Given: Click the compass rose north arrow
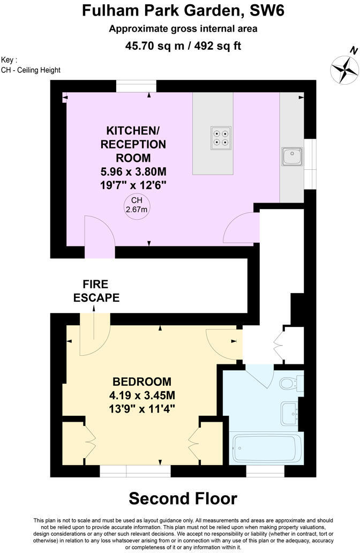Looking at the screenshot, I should point(344,68).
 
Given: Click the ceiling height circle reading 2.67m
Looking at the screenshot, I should point(136,205).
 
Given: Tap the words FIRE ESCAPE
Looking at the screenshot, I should point(96,290).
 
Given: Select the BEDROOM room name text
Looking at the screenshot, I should point(142,382).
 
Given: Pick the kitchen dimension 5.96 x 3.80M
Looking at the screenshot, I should point(134,172).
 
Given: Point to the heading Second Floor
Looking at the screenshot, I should point(183,498).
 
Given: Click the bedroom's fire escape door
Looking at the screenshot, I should point(94,338).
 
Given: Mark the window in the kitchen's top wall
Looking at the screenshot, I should point(136,86).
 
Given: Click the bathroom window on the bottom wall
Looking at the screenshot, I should point(265,470).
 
